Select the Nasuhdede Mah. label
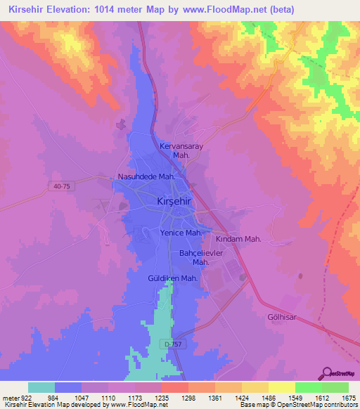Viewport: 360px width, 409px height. [146, 177]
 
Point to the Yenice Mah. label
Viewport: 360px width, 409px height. [182, 233]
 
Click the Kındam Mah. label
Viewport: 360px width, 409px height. [238, 239]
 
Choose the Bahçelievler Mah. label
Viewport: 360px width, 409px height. [201, 257]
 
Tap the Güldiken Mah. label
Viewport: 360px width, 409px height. [172, 278]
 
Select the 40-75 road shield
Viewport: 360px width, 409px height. [62, 186]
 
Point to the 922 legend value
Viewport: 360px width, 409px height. [24, 398]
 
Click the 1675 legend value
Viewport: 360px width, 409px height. [347, 398]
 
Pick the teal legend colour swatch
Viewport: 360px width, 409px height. [41, 387]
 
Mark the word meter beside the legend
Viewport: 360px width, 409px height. [9, 398]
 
